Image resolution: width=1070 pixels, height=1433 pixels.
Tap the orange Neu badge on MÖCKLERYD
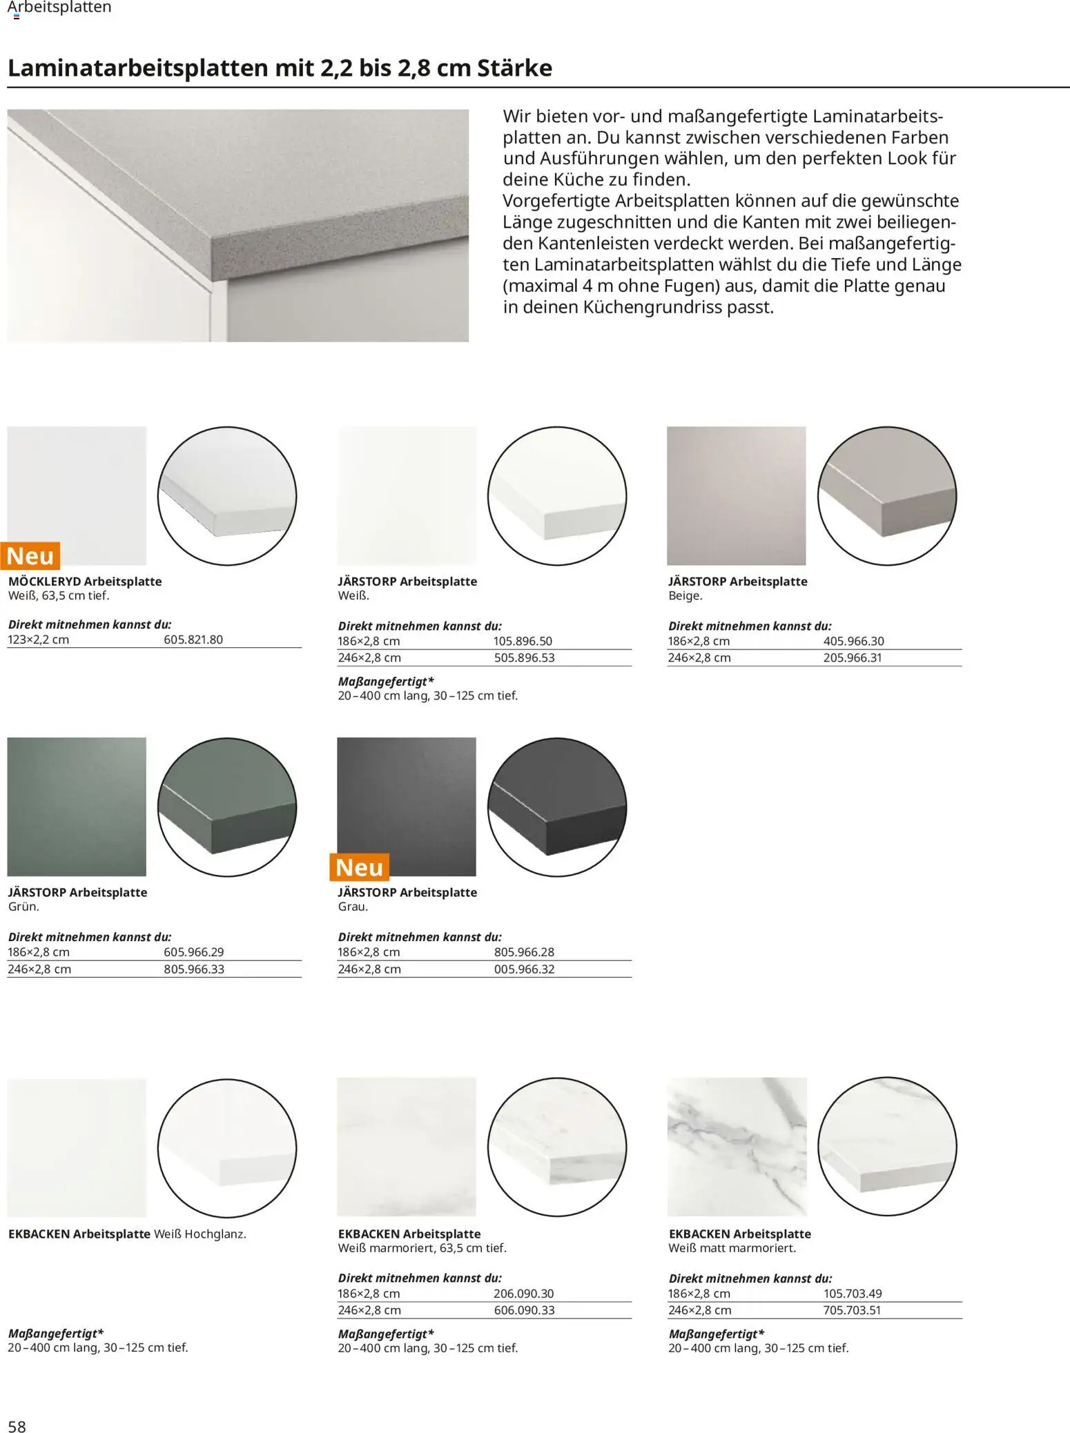(30, 556)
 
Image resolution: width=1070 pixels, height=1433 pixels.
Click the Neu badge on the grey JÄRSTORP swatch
(360, 867)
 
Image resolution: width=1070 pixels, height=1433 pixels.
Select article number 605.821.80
(193, 640)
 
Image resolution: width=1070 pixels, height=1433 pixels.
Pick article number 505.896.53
(524, 658)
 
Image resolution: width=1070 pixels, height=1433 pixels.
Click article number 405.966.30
(853, 641)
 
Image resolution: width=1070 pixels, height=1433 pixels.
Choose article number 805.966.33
(194, 969)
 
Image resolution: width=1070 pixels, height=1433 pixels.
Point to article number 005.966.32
(524, 969)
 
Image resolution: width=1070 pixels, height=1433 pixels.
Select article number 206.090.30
(523, 1294)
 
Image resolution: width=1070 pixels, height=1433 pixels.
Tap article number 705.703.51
(852, 1310)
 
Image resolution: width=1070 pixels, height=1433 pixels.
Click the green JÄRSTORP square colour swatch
(77, 807)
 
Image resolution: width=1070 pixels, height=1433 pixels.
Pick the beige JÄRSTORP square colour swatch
(736, 495)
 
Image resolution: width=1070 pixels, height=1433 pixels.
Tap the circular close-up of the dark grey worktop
(557, 807)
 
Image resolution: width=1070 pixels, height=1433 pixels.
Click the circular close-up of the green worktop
(227, 807)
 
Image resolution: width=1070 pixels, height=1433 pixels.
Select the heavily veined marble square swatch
(737, 1147)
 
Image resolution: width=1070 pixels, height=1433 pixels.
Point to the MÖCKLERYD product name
(45, 582)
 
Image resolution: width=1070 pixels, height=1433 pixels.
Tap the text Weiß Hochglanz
(200, 1234)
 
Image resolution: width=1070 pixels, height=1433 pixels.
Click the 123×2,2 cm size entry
(39, 640)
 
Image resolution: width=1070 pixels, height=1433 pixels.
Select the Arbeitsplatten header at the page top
(59, 8)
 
